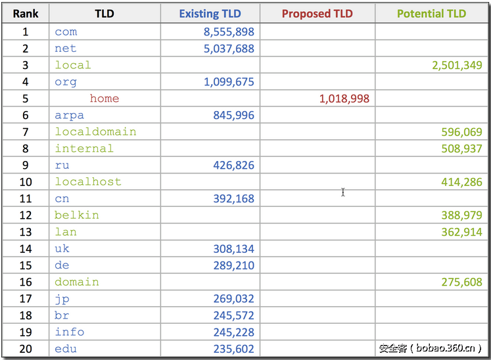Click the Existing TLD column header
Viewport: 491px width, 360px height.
pos(210,14)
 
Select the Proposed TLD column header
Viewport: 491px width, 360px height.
pos(317,14)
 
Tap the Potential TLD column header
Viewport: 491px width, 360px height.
pos(431,14)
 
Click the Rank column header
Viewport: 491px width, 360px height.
pos(26,14)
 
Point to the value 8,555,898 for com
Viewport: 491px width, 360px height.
pos(229,32)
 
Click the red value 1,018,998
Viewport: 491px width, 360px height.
pos(344,99)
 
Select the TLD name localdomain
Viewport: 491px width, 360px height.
pos(95,131)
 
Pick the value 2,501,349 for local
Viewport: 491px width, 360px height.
pos(457,65)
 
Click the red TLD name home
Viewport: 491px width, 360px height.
pos(105,99)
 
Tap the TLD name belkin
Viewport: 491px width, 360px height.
pos(77,215)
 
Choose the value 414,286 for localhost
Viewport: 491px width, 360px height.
pos(461,182)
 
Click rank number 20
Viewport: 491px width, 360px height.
pos(26,349)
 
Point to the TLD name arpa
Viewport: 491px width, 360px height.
pos(69,115)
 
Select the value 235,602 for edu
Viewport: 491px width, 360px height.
pos(233,349)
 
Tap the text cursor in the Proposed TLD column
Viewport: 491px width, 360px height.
pos(343,192)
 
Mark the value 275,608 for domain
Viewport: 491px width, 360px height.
pos(461,282)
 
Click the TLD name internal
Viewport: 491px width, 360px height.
pos(84,148)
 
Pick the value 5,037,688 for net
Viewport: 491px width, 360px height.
pos(229,48)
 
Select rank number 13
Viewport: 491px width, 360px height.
pos(26,232)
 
